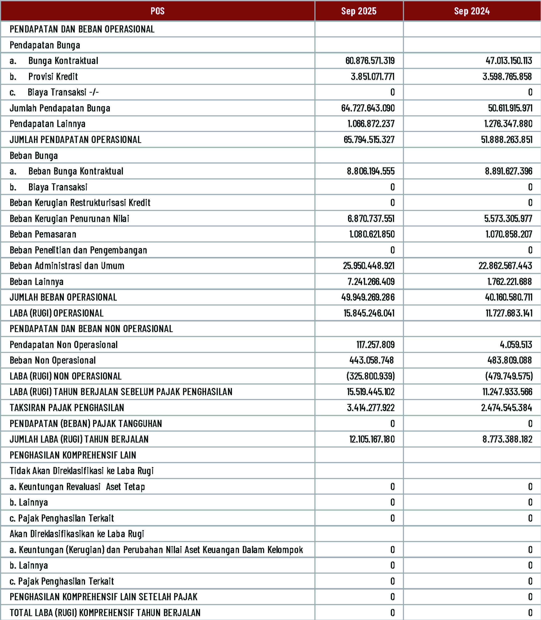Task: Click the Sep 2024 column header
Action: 472,11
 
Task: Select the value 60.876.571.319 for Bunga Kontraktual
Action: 370,61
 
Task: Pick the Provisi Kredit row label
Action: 53,77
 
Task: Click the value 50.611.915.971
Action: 510,108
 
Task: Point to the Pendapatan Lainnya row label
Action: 47,124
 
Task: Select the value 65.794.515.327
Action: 369,140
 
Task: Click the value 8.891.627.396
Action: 509,171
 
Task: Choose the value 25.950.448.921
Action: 369,266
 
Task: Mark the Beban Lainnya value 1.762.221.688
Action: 509,282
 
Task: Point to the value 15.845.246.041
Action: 369,313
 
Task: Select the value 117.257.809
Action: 375,344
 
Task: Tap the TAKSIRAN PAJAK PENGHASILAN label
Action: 67,408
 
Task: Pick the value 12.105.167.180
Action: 372,439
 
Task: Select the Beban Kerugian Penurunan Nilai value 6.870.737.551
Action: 371,219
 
